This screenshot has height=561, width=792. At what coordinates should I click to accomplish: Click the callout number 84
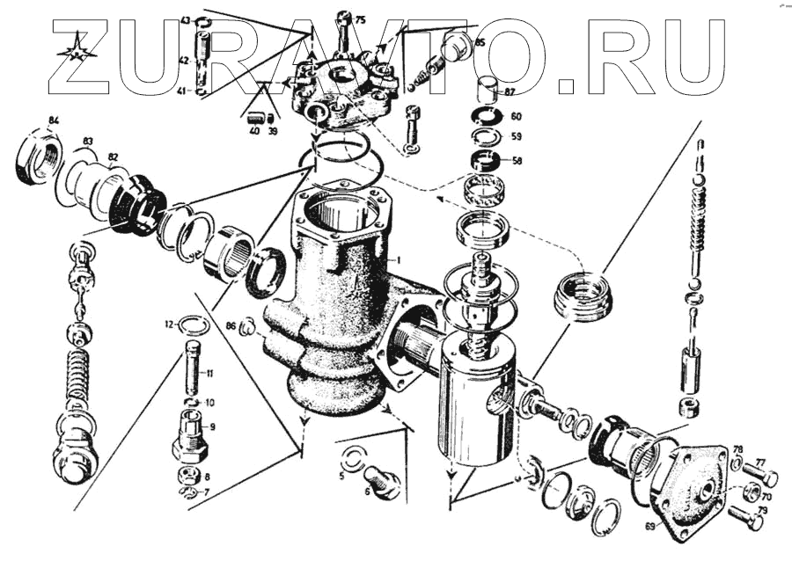point(54,120)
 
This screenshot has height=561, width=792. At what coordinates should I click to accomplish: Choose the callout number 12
point(166,324)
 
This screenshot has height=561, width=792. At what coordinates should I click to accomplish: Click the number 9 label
point(211,426)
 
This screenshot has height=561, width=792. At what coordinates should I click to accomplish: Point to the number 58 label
point(516,162)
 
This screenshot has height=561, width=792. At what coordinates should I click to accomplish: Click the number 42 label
point(184,60)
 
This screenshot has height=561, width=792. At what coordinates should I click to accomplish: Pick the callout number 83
point(88,141)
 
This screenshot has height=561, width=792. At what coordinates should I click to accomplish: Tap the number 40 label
point(253,131)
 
